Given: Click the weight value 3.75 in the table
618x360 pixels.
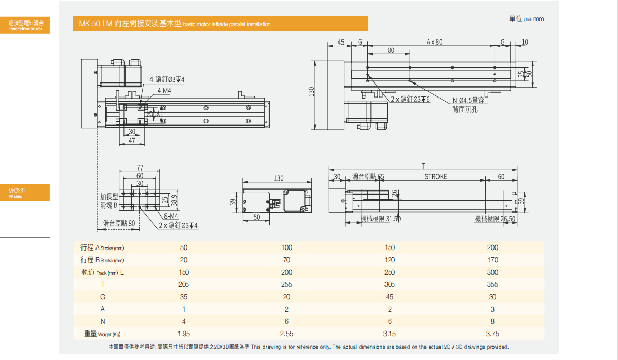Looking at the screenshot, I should [492, 334].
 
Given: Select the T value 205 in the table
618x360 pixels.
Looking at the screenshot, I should [183, 284].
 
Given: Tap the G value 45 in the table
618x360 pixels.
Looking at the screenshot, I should [390, 297].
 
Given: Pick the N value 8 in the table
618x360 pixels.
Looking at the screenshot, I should [492, 322].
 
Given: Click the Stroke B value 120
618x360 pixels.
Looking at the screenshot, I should [390, 260].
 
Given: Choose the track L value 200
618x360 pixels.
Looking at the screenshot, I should [286, 272].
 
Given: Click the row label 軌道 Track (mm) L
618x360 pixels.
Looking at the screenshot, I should [102, 272].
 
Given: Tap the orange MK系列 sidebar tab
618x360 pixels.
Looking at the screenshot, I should [25, 192].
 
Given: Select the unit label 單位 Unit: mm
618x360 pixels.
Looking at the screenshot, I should [527, 19].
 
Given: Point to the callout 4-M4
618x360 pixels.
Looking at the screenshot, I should [164, 91].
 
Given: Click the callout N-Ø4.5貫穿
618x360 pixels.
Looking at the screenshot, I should [469, 101].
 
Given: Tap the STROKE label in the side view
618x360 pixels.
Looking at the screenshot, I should [435, 177].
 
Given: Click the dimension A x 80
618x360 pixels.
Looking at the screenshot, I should [434, 42].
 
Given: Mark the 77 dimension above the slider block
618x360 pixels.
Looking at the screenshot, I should [140, 168].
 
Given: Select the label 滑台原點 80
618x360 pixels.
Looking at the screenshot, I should [119, 223].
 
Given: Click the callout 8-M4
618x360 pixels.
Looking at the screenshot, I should [171, 216].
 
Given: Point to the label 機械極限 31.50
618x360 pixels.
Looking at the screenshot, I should [380, 219].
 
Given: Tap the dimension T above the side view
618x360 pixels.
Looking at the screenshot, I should [423, 166].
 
